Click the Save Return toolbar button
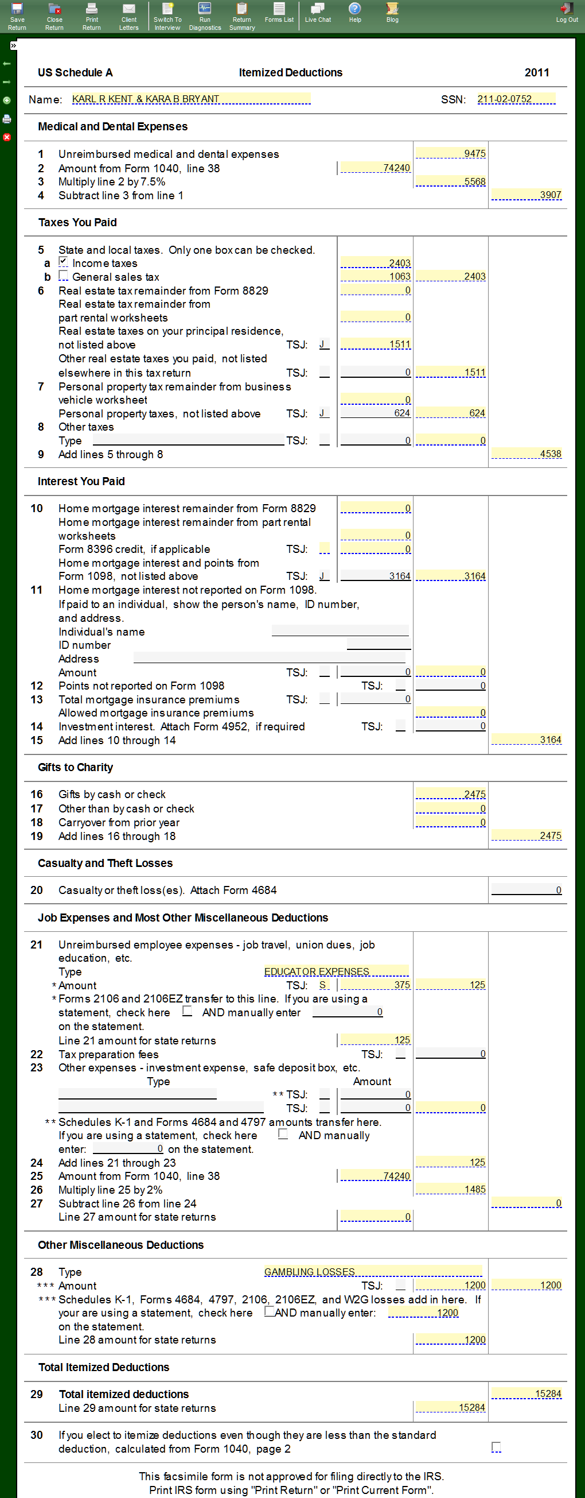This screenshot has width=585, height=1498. (17, 16)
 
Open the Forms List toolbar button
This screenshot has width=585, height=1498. (279, 13)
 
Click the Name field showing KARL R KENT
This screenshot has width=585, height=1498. (190, 99)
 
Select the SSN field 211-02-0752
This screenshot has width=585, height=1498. (515, 99)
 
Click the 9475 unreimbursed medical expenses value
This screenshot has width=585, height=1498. (451, 153)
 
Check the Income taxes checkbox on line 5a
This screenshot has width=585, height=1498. (63, 262)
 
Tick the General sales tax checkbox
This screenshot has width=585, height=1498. (63, 276)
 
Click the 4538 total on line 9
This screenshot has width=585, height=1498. (526, 454)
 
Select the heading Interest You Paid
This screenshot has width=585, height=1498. (81, 482)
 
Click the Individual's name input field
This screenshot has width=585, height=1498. (341, 631)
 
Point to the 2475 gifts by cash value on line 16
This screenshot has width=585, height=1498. (451, 794)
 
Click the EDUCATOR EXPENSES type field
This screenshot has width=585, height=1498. (336, 971)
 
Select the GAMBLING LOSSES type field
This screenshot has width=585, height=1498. (372, 1272)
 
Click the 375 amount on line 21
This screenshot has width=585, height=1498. (375, 985)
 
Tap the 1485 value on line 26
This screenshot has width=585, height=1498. (451, 1189)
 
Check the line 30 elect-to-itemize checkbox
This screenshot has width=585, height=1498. (496, 1446)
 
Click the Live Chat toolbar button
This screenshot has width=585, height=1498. (318, 13)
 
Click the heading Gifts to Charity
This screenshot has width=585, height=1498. (76, 768)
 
